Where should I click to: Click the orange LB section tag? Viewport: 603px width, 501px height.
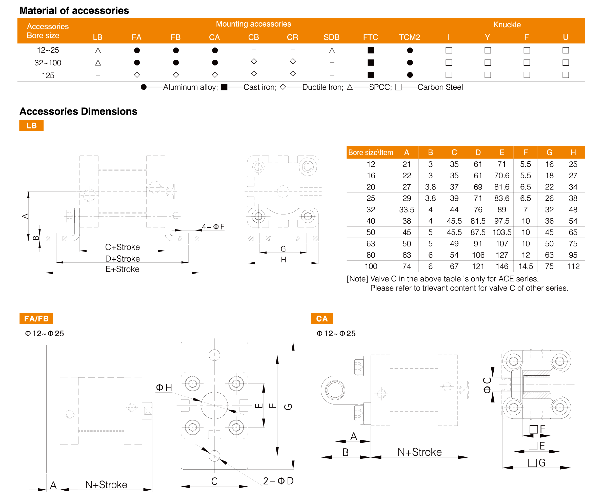tap(31, 126)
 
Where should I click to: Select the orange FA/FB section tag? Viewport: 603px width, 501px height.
tap(36, 319)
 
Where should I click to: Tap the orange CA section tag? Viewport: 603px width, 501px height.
tap(322, 319)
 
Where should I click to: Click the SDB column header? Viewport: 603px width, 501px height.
tap(331, 37)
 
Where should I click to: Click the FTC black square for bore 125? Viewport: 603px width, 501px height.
tap(371, 75)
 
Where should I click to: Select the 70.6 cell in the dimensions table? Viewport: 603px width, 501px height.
tap(502, 176)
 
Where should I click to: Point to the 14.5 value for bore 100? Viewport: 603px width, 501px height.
tap(526, 266)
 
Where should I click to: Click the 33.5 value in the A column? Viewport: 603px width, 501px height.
tap(407, 210)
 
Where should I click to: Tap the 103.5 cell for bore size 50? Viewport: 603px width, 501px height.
tap(502, 233)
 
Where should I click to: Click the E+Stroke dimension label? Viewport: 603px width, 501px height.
tap(123, 269)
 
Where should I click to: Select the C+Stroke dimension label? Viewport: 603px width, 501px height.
tap(123, 247)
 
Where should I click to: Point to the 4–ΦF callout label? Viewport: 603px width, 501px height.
tap(213, 227)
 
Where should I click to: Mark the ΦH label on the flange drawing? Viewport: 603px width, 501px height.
tap(164, 388)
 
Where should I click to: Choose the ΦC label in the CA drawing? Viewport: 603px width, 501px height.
tap(487, 385)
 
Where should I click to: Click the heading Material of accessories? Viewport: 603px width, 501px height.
tap(74, 11)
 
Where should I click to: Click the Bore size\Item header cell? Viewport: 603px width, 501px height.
tap(370, 152)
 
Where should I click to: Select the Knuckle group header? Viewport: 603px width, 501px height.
tap(507, 25)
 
